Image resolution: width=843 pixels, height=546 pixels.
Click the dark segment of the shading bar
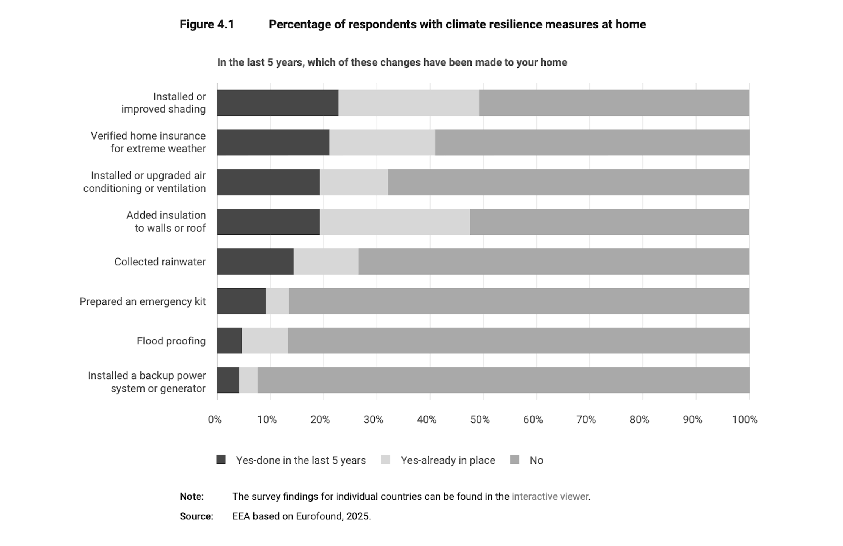pyautogui.click(x=277, y=103)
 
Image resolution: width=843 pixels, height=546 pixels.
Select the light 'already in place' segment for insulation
pyautogui.click(x=395, y=222)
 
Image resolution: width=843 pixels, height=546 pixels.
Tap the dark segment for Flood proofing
pyautogui.click(x=229, y=340)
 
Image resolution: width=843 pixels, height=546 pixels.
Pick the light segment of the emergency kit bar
pyautogui.click(x=277, y=301)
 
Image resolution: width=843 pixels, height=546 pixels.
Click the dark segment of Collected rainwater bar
pyautogui.click(x=255, y=261)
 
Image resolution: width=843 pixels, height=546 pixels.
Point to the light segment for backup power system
pyautogui.click(x=248, y=380)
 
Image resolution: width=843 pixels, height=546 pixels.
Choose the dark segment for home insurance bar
pyautogui.click(x=273, y=143)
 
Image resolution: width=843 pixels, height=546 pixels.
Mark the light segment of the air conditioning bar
pyautogui.click(x=354, y=182)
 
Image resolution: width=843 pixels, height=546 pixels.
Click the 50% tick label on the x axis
pyautogui.click(x=480, y=420)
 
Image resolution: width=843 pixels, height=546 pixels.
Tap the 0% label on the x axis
pyautogui.click(x=214, y=420)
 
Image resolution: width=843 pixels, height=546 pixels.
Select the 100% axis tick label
pyautogui.click(x=744, y=420)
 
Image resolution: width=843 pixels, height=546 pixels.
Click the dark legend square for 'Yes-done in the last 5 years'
pyautogui.click(x=221, y=460)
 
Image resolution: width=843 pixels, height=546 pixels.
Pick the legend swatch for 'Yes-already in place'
pyautogui.click(x=385, y=460)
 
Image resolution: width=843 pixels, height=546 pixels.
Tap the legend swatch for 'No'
pyautogui.click(x=514, y=460)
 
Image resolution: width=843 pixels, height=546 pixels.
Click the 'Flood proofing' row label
pyautogui.click(x=171, y=341)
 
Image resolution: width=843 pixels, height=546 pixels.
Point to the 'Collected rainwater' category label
pyautogui.click(x=160, y=262)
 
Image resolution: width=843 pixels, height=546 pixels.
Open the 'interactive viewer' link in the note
pyautogui.click(x=550, y=496)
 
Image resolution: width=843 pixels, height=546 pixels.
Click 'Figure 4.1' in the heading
pyautogui.click(x=207, y=24)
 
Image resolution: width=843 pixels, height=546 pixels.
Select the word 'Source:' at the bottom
pyautogui.click(x=197, y=516)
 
